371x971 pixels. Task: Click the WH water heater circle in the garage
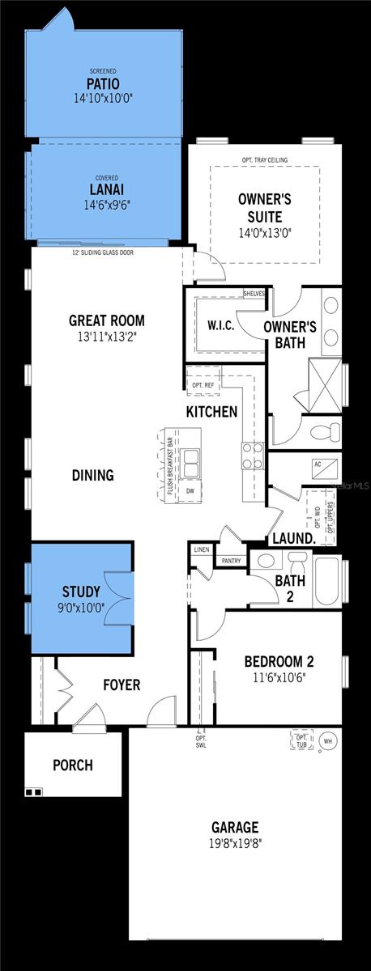coord(328,740)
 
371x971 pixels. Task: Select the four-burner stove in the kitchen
coord(252,456)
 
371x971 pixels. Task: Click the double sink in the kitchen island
coord(192,464)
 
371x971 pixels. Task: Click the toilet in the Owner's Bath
coord(328,430)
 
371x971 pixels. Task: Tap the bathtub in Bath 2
coord(328,581)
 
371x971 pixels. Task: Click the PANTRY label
coord(230,560)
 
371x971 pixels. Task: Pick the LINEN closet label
coord(201,549)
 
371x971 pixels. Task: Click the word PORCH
coord(72,765)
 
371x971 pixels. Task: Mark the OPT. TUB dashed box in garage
coord(301,740)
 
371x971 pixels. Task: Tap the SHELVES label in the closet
coord(254,294)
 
